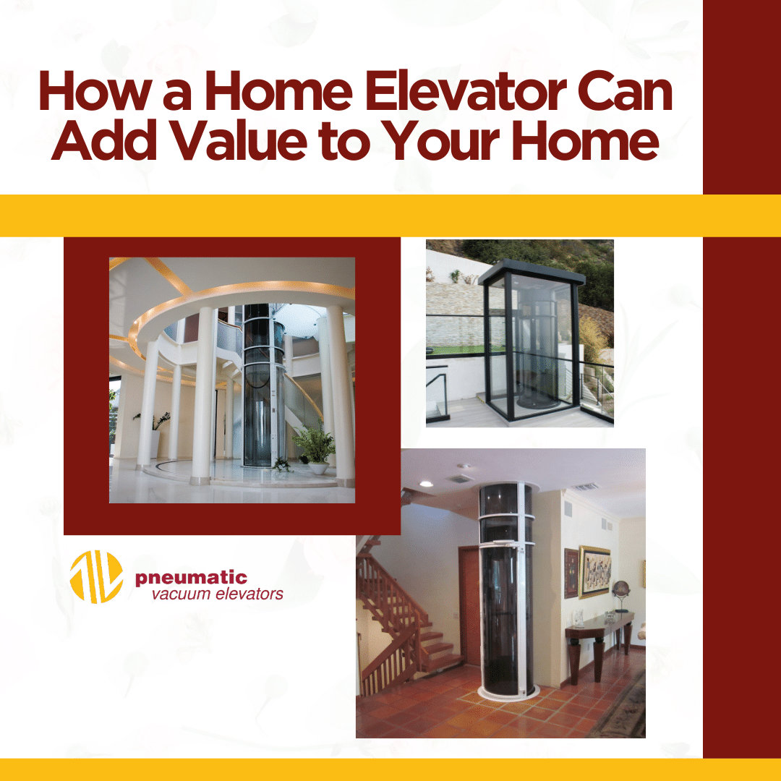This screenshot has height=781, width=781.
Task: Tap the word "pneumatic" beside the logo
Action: tap(191, 578)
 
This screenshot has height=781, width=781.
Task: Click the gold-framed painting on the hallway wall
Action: tap(594, 571)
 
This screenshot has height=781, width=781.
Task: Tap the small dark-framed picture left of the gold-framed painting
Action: tap(571, 573)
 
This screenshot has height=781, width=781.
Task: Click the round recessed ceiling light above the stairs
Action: tap(426, 483)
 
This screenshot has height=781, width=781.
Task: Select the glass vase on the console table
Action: tap(579, 617)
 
